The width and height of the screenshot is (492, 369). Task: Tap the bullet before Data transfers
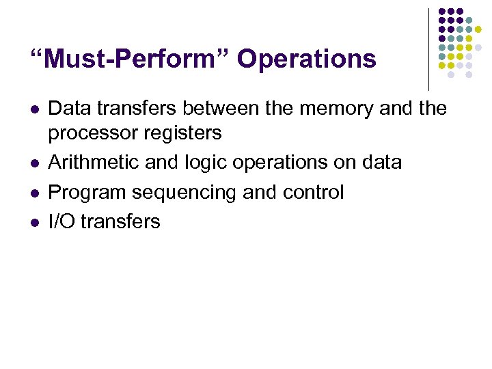tap(34, 109)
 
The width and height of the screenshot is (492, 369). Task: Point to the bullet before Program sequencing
tap(34, 193)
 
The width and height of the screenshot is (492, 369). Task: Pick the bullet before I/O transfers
tap(34, 223)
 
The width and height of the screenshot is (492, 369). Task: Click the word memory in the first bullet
tap(329, 108)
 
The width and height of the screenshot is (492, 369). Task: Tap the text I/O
tap(62, 221)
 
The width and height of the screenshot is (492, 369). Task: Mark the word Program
tap(87, 193)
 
